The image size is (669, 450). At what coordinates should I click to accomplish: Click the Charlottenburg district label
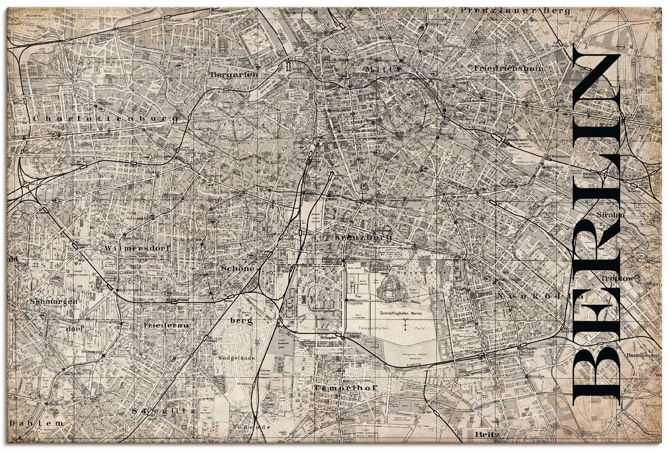click(105, 119)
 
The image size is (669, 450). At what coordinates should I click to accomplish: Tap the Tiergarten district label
click(234, 75)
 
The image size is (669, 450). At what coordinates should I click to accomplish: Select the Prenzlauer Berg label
click(515, 11)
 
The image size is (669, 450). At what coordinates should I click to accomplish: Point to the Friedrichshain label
click(509, 68)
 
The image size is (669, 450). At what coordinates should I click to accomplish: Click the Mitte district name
click(384, 69)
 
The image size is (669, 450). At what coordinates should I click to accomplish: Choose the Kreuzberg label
click(363, 238)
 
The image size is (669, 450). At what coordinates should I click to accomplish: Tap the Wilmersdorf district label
click(137, 248)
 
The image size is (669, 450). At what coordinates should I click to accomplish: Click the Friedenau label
click(167, 325)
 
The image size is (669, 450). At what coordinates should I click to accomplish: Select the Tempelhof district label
click(346, 388)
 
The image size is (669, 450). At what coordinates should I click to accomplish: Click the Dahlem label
click(36, 423)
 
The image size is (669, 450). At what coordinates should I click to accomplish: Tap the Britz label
click(487, 435)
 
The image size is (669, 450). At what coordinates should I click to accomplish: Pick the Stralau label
click(610, 215)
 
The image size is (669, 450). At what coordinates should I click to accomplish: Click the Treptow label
click(617, 278)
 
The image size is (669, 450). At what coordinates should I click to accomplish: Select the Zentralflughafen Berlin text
click(401, 313)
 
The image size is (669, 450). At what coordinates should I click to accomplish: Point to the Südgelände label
click(236, 358)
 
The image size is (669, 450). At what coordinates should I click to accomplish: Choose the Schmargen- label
click(54, 302)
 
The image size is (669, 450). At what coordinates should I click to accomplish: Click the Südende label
click(252, 427)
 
